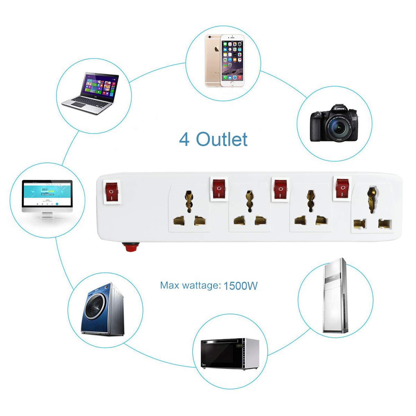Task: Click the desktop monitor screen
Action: pos(47,193)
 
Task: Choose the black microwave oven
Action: pos(230,354)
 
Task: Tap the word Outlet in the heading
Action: pos(222,139)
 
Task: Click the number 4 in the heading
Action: pos(184,139)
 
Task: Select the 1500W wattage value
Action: pos(240,286)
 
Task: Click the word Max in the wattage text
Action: pos(169,285)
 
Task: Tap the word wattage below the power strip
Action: pos(200,286)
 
